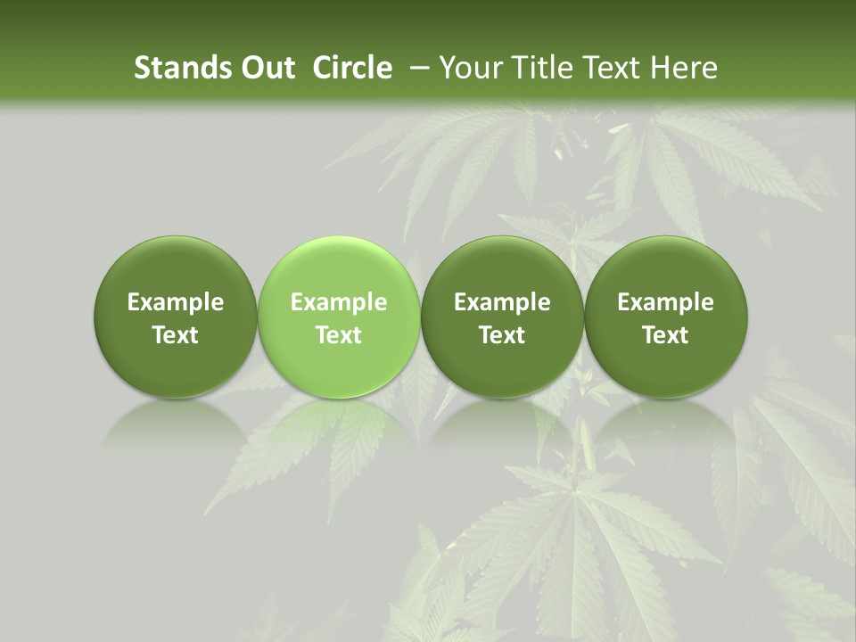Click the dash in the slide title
pos(420,68)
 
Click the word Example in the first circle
pos(176,302)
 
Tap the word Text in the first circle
pos(176,335)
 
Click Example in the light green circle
pos(339,302)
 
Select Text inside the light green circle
pos(339,335)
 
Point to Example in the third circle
pos(502,302)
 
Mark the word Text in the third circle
pos(502,335)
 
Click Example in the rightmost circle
pos(666,302)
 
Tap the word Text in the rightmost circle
pos(666,335)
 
